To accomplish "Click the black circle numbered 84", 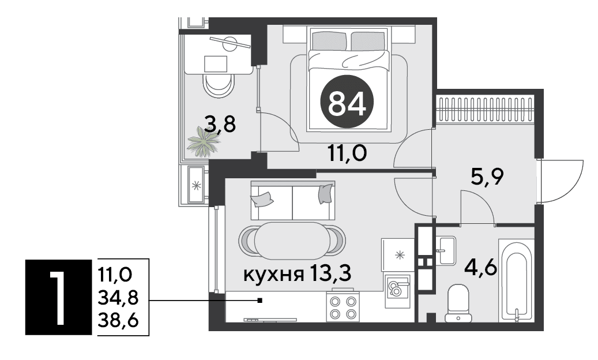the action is coord(347,102).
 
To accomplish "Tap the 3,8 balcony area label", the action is coord(220,123).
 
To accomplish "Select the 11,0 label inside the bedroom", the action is coord(347,153).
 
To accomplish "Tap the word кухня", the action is coord(273,275).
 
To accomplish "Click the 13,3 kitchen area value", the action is coord(330,273).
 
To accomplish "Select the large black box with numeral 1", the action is coord(58,297).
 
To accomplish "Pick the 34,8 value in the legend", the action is coord(118,298).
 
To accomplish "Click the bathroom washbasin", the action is coord(445,250).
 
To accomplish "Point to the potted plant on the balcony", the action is coord(204,142).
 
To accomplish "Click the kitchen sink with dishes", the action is coord(397,291).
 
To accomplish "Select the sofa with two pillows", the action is coord(293,201).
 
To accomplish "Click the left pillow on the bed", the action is coord(329,41).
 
